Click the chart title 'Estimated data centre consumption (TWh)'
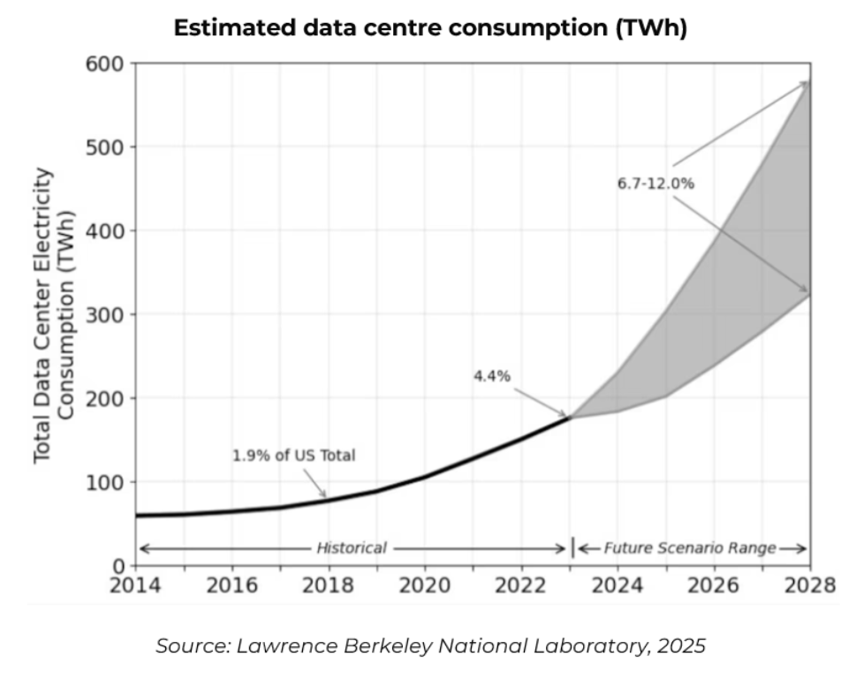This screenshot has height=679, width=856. point(429,27)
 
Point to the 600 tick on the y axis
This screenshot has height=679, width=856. point(106,64)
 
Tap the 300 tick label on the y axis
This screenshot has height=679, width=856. point(106,315)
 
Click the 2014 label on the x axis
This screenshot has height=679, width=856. point(135,585)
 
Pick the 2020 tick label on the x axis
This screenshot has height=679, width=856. point(424,585)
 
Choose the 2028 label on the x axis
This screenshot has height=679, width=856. point(809,585)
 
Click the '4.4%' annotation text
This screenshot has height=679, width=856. point(491,375)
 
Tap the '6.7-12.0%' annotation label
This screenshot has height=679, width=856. point(655,184)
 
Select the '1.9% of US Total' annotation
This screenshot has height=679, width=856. point(293,456)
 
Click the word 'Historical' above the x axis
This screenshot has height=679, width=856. point(352,548)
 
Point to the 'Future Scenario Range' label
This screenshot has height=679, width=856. point(689,548)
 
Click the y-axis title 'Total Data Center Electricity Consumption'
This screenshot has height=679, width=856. point(53,315)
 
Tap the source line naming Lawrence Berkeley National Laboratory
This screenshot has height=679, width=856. point(430,646)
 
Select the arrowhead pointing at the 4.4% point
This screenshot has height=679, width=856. point(564,414)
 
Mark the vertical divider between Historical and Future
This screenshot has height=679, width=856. point(572,547)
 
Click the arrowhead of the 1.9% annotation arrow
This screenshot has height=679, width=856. point(324,496)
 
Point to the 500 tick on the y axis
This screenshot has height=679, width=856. point(106,147)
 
